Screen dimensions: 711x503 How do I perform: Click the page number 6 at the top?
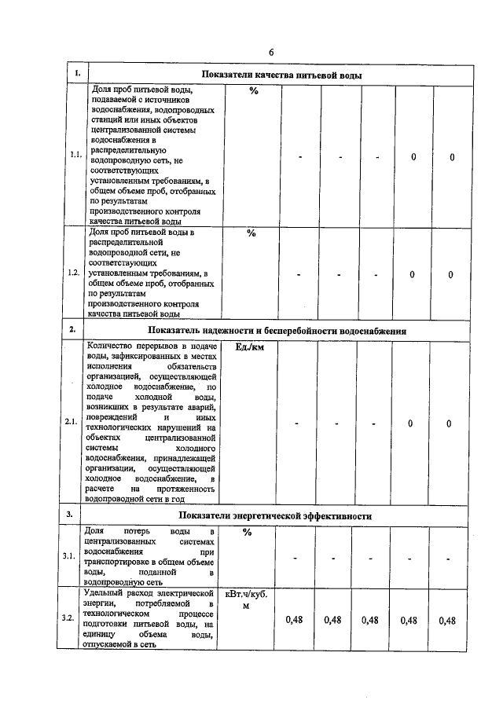[x=270, y=52]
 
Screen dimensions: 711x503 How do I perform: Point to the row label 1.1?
[x=75, y=156]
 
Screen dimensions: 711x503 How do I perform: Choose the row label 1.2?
[x=74, y=273]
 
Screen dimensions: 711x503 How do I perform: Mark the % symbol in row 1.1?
[x=253, y=90]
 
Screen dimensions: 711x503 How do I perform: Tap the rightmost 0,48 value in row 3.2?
[x=447, y=620]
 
